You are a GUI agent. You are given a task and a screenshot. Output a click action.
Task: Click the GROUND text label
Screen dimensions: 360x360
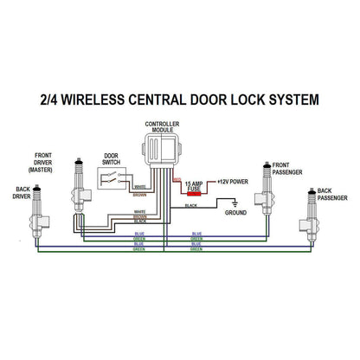click(x=236, y=212)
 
